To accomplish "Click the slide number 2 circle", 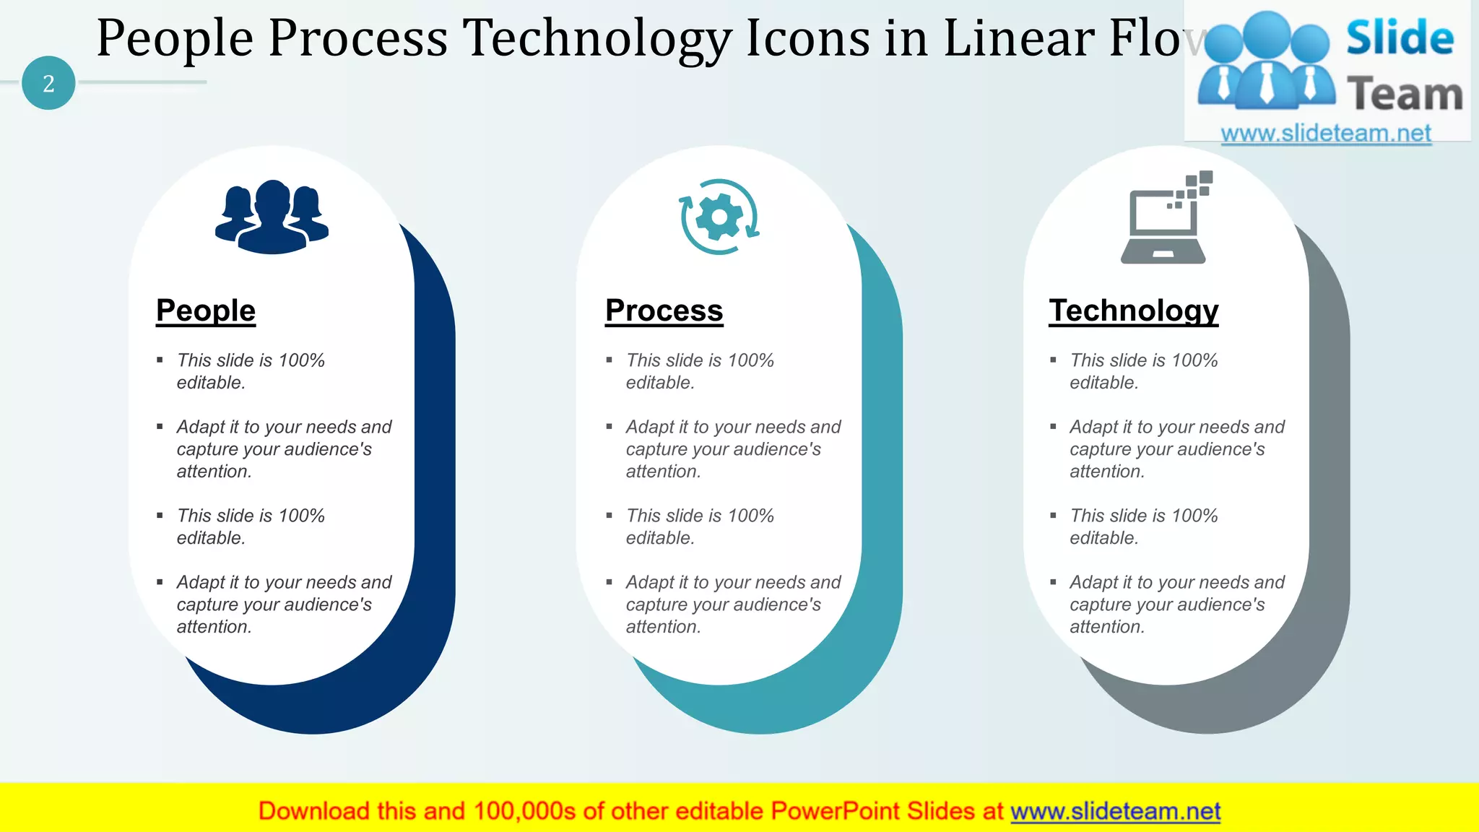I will point(48,83).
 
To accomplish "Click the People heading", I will point(206,311).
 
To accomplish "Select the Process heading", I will point(664,311).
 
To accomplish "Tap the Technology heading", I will point(1133,311).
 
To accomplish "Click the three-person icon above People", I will point(272,217).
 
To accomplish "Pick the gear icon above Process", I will point(719,217).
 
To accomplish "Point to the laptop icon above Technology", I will point(1164,220).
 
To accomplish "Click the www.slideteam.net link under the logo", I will point(1326,134).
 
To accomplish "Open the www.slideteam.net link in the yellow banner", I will point(1115,812).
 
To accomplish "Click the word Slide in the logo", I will point(1400,38).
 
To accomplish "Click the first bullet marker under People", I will point(160,360).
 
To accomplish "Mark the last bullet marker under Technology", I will point(1053,582).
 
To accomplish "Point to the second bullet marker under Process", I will point(609,427).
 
